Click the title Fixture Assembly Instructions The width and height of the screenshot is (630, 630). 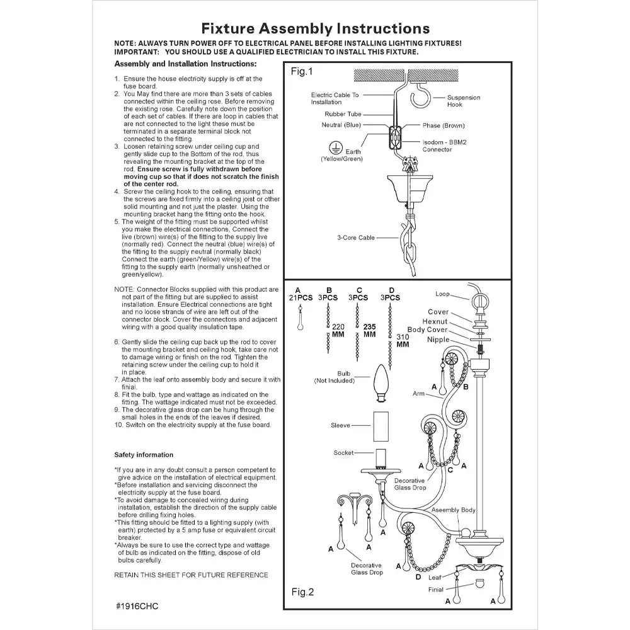pyautogui.click(x=315, y=28)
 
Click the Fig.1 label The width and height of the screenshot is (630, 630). pyautogui.click(x=301, y=71)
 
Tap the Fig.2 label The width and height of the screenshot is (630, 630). pyautogui.click(x=302, y=592)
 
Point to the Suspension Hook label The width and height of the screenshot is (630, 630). pyautogui.click(x=463, y=101)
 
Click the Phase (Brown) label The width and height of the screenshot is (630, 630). pyautogui.click(x=444, y=125)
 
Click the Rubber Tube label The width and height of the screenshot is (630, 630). pyautogui.click(x=343, y=114)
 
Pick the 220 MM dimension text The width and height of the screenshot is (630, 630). pyautogui.click(x=339, y=331)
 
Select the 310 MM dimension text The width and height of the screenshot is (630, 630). pyautogui.click(x=403, y=341)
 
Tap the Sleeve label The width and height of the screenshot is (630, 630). pyautogui.click(x=340, y=425)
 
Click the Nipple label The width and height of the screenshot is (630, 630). pyautogui.click(x=437, y=340)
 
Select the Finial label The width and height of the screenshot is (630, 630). pyautogui.click(x=435, y=590)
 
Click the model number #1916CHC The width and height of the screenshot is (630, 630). pyautogui.click(x=137, y=606)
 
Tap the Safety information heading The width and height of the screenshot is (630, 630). pyautogui.click(x=144, y=454)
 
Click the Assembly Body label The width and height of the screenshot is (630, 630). pyautogui.click(x=454, y=510)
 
